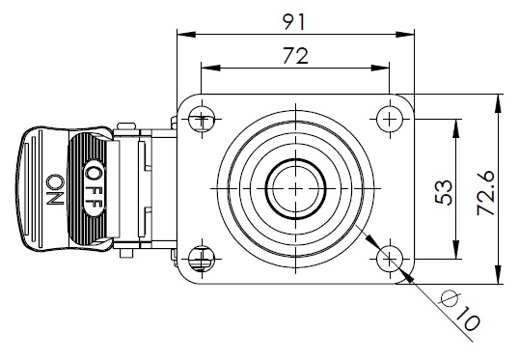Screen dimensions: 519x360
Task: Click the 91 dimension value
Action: coord(294,22)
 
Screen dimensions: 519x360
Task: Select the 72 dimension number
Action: coord(295,56)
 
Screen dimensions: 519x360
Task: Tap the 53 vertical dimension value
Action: coord(444,192)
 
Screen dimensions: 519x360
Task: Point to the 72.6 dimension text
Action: coord(486,193)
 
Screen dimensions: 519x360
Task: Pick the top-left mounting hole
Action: coord(202,119)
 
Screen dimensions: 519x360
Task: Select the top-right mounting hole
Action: coord(390,119)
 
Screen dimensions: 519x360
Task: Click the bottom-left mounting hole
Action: coord(202,259)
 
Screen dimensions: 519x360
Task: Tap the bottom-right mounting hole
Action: coord(390,259)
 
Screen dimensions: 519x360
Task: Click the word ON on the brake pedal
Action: coord(55,189)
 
